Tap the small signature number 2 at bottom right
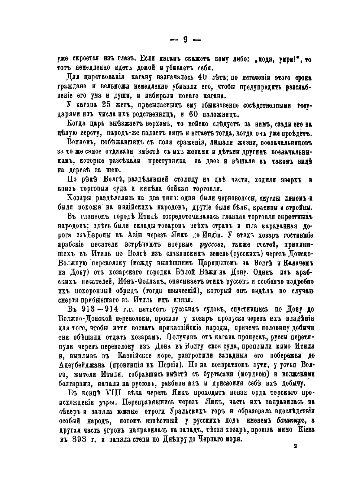click(x=295, y=446)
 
